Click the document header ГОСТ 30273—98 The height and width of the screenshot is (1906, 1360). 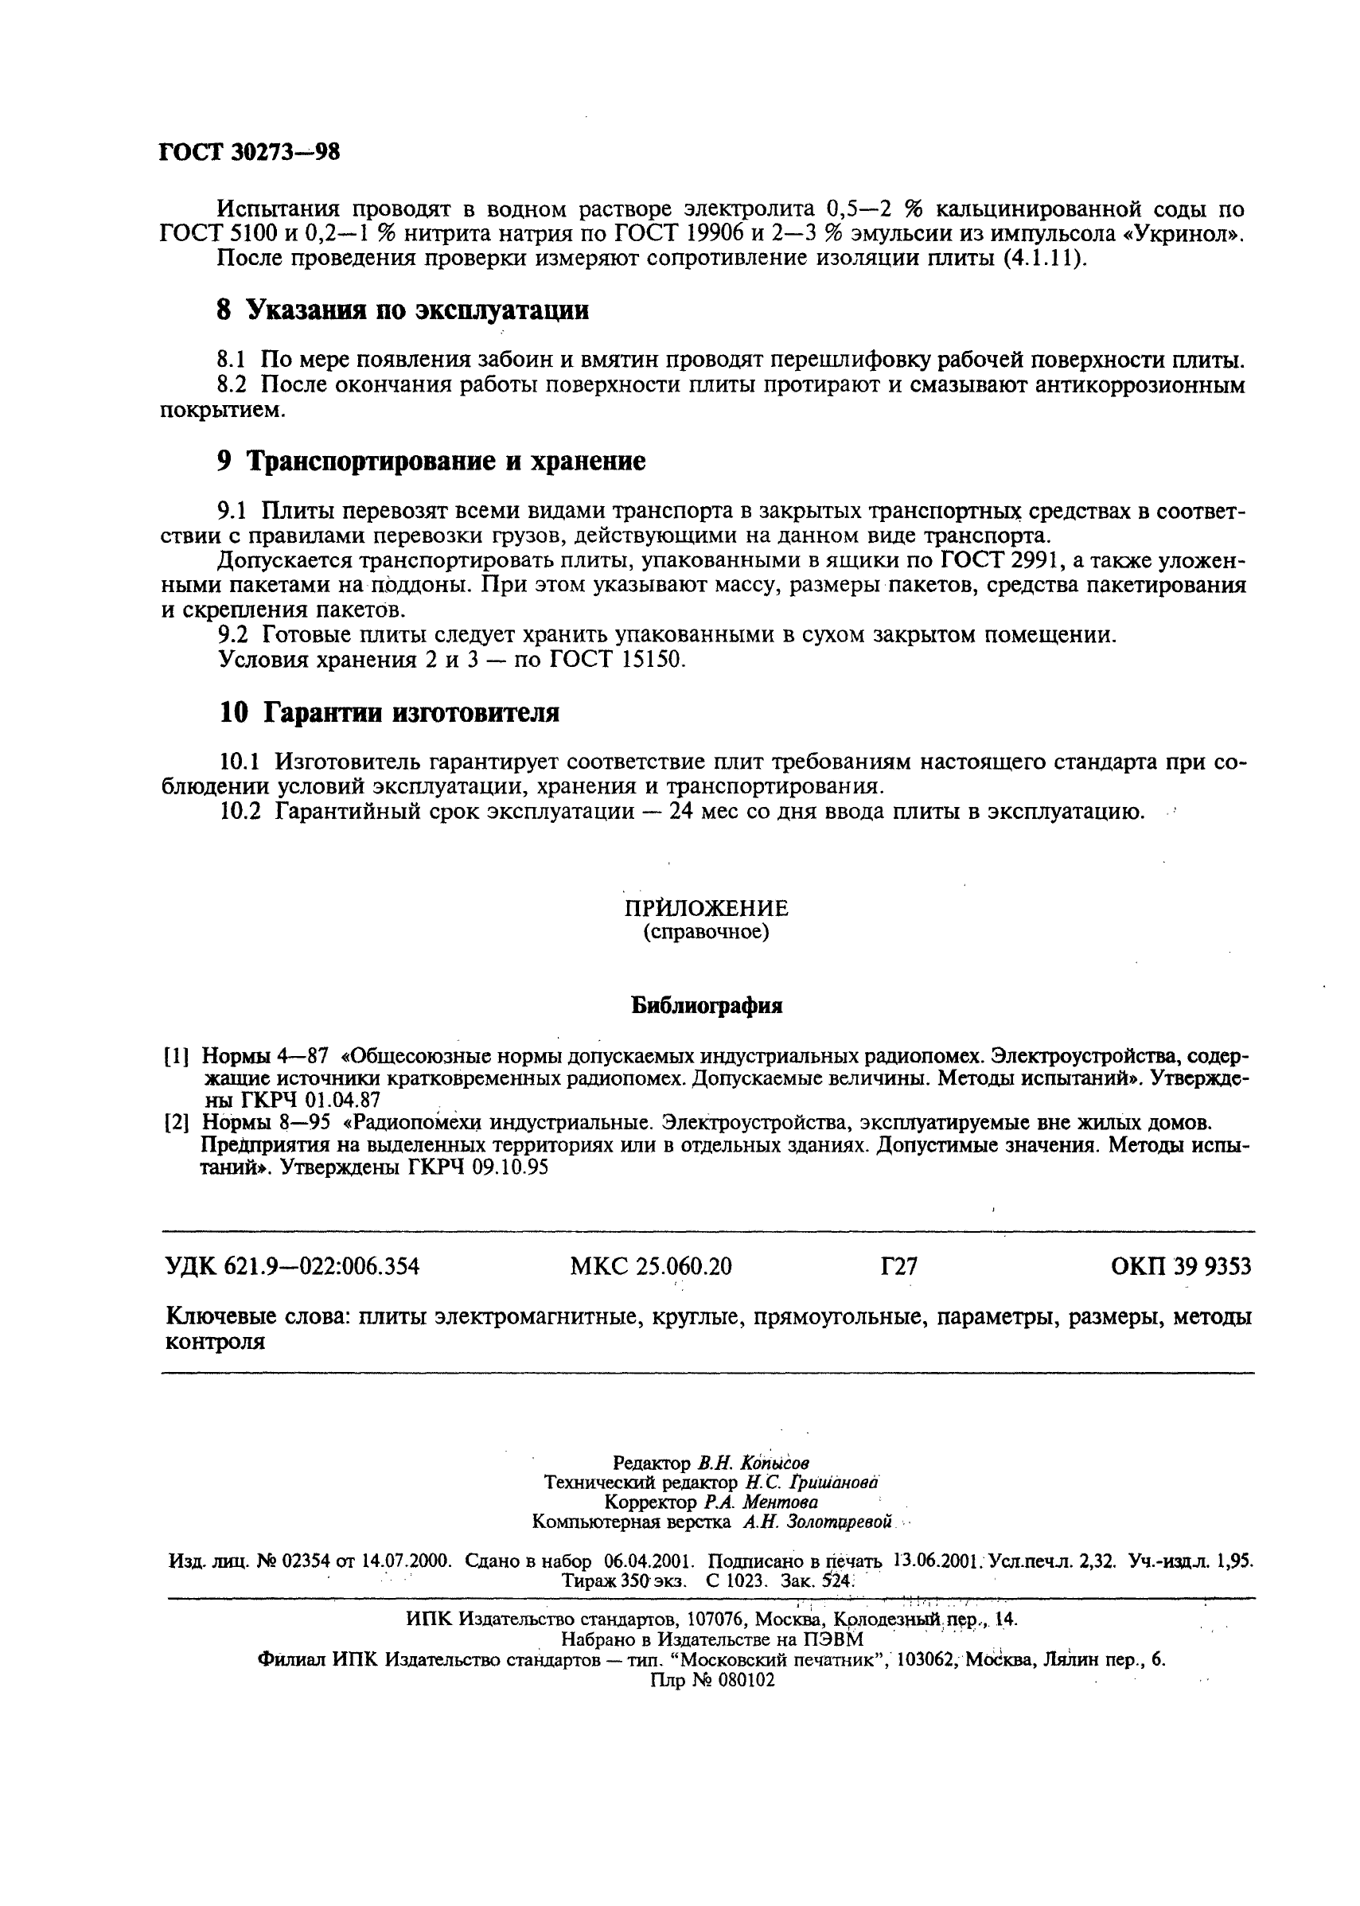(249, 153)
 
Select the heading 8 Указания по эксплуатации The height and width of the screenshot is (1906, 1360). (402, 310)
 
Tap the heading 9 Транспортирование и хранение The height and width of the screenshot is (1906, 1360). (431, 461)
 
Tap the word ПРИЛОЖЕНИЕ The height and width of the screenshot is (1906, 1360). (706, 908)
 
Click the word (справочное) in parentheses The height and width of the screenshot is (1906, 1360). (705, 931)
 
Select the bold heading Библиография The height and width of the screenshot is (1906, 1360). (706, 1006)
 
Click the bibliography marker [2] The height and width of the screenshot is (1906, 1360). (176, 1122)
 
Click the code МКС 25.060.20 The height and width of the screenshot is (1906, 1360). (651, 1267)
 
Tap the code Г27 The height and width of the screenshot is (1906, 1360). (898, 1267)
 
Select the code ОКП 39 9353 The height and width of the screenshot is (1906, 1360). (1180, 1267)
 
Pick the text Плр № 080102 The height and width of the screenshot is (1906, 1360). (711, 1680)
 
